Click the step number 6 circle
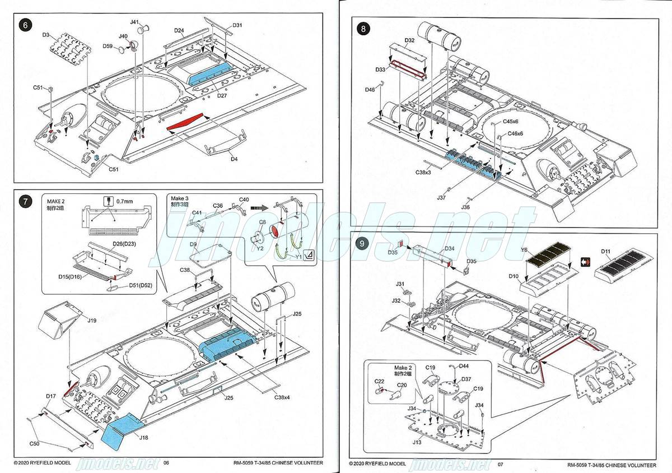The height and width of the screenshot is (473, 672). pos(24,25)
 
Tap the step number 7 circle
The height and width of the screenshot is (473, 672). pos(24,202)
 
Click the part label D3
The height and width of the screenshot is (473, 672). pos(46,35)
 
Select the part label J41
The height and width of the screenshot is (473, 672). pos(134,22)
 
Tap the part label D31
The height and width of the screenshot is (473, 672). pos(237,25)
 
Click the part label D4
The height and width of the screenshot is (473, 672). pos(234,159)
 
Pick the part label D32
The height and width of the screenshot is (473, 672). pos(409,40)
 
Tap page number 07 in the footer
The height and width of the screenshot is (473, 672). pos(501,464)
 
